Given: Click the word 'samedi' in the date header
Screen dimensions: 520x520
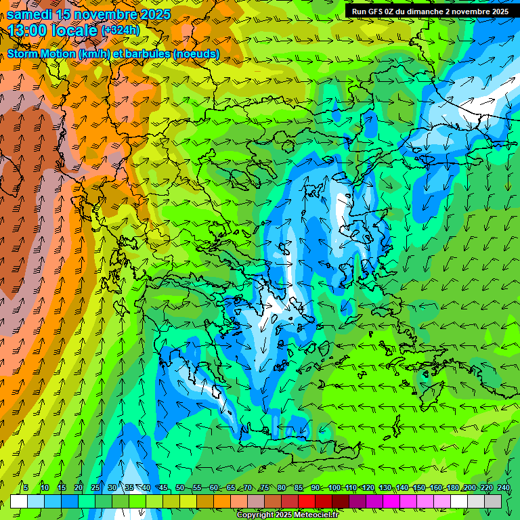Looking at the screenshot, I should pyautogui.click(x=31, y=14).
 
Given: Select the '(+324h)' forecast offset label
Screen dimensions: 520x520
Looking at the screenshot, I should pyautogui.click(x=120, y=30).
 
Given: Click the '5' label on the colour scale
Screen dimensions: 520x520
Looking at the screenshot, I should pyautogui.click(x=26, y=488).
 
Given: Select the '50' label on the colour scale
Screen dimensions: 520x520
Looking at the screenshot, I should pyautogui.click(x=179, y=488).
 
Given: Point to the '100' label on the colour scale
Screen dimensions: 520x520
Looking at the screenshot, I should pyautogui.click(x=334, y=488).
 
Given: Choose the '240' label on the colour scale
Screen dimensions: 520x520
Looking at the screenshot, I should pyautogui.click(x=504, y=488).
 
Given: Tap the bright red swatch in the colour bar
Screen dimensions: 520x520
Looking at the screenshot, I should pyautogui.click(x=307, y=501).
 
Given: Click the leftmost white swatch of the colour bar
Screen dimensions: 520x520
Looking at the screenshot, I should pyautogui.click(x=19, y=501).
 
